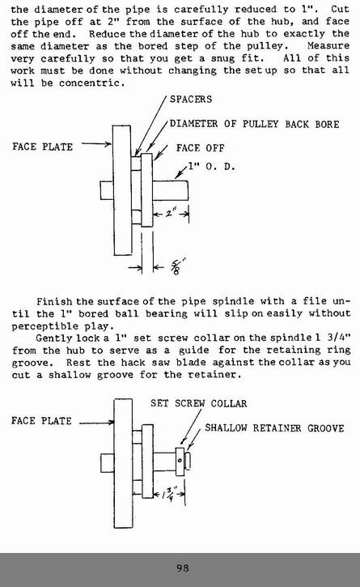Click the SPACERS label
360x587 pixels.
point(191,100)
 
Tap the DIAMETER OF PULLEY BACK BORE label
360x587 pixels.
point(255,124)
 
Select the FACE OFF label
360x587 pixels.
point(200,148)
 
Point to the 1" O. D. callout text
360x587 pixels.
point(211,166)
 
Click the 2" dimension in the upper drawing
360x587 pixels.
point(171,213)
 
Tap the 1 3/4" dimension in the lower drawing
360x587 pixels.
point(167,493)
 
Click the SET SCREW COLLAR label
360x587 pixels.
point(199,403)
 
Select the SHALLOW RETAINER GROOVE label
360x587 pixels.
point(274,427)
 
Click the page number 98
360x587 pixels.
point(183,568)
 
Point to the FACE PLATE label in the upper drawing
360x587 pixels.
point(42,147)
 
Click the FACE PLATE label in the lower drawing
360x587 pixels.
point(41,421)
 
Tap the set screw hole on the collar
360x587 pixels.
point(180,460)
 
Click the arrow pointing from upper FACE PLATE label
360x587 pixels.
point(96,144)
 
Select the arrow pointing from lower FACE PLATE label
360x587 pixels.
point(96,423)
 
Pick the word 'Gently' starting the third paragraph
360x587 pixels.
point(54,338)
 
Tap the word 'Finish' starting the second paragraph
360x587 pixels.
point(55,301)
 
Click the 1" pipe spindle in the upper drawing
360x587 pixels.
point(171,190)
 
